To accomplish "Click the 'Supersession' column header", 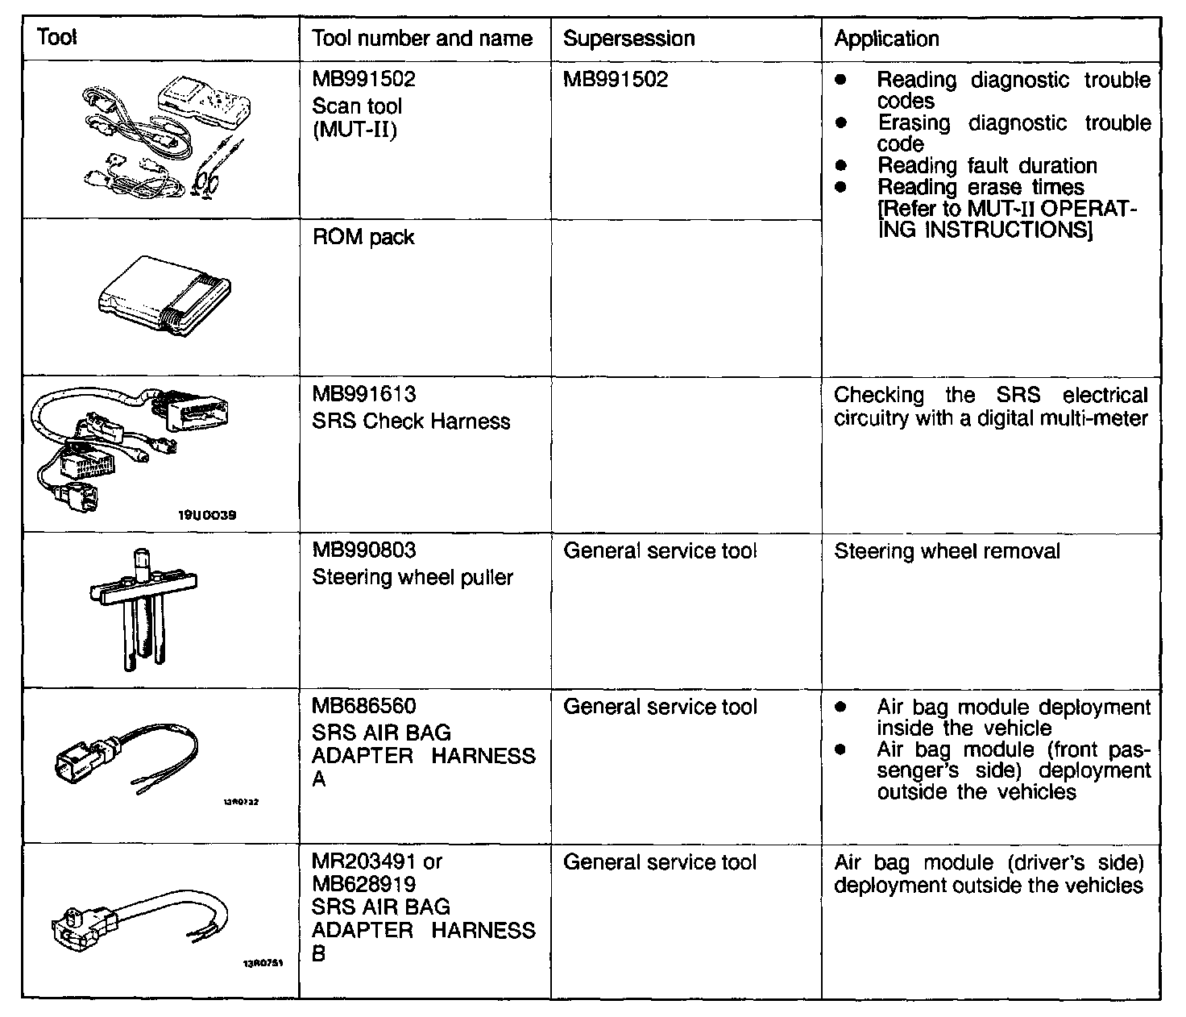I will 628,39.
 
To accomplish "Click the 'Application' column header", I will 886,39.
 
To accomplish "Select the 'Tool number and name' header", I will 422,39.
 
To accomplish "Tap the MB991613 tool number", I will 363,395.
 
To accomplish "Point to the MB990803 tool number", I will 363,551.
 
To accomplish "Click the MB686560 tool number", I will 363,707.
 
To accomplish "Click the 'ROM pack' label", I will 363,238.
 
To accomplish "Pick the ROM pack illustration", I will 164,296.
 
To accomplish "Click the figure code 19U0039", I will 206,515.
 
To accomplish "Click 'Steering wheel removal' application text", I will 947,552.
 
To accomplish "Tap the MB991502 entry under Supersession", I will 616,80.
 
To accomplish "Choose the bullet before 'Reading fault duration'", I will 841,166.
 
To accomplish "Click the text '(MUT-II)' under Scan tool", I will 355,130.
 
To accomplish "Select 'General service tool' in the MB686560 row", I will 660,708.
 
